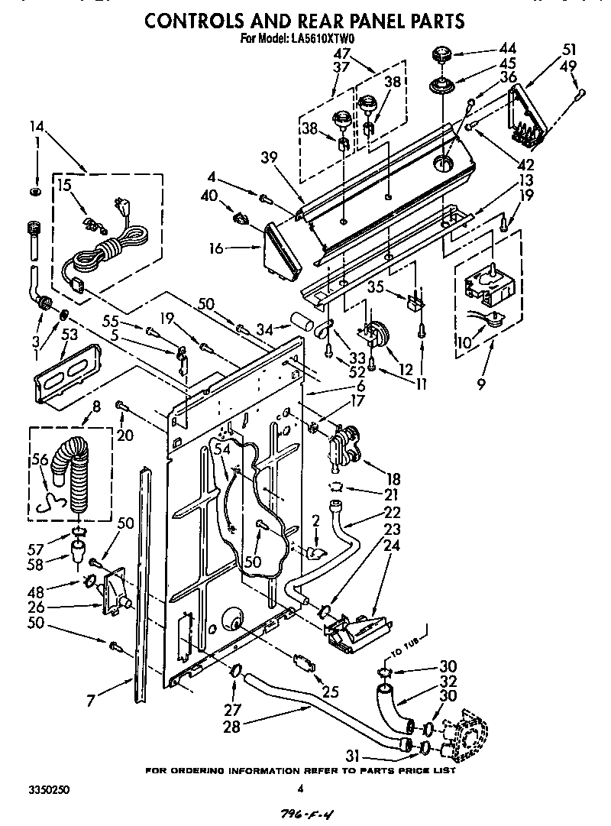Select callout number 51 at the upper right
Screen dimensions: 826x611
tap(568, 50)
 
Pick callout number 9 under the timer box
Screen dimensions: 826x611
tap(481, 385)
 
